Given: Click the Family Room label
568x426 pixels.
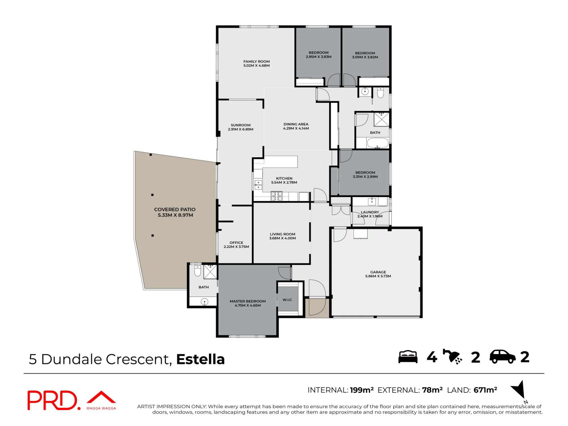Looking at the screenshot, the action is click(x=256, y=61).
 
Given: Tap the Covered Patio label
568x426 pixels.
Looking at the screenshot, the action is click(x=175, y=209).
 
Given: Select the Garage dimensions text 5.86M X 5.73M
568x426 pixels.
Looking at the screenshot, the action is click(x=378, y=276).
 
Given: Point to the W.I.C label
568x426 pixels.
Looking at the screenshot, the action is click(x=287, y=300).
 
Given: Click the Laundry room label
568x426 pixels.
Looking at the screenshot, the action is click(x=370, y=212).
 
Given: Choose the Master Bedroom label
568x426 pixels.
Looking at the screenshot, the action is click(x=248, y=301).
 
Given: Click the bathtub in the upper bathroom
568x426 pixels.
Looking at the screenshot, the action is click(x=378, y=143).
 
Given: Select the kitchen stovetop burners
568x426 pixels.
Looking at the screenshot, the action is click(x=277, y=196).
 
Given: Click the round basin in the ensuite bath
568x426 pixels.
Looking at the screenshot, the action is click(x=204, y=302).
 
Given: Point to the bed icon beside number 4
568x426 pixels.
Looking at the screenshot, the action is click(x=408, y=357).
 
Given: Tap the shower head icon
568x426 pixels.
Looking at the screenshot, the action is click(x=452, y=357).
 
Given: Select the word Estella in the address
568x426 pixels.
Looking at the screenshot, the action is click(x=201, y=359).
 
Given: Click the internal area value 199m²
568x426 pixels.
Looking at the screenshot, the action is click(x=362, y=390).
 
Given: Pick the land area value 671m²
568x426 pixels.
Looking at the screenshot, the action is click(x=485, y=390).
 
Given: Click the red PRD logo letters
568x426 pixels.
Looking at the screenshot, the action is click(x=52, y=400).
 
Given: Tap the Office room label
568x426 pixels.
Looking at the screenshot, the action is click(x=236, y=243).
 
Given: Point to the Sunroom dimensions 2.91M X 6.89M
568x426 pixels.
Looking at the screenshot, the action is click(x=241, y=129).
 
